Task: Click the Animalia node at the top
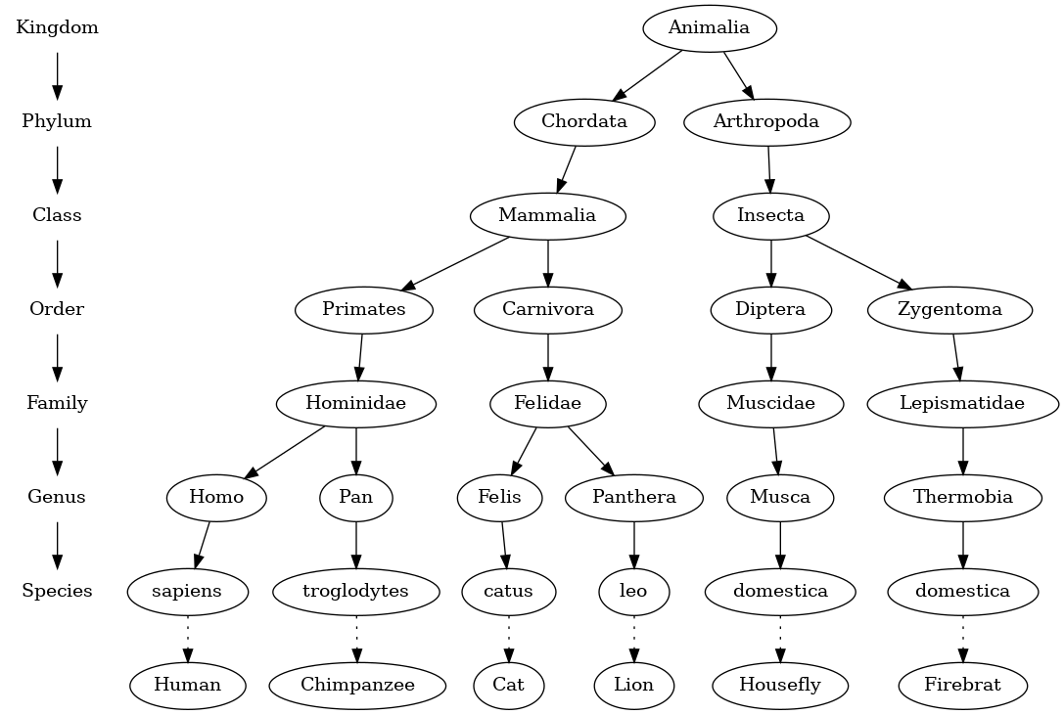click(x=709, y=28)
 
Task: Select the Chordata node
click(x=584, y=122)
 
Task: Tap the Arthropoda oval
click(x=766, y=122)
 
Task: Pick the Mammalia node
click(x=547, y=216)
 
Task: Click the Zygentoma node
click(x=949, y=310)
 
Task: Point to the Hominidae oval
click(x=355, y=404)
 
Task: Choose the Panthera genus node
click(x=634, y=498)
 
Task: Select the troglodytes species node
click(x=355, y=592)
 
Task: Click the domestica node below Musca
click(x=780, y=592)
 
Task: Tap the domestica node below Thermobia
click(x=963, y=592)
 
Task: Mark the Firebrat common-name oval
click(x=963, y=686)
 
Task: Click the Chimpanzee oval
click(x=357, y=686)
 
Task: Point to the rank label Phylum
click(x=57, y=122)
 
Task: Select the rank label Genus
click(x=57, y=498)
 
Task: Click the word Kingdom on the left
click(x=57, y=28)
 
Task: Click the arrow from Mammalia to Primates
click(x=455, y=263)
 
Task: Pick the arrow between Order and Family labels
click(x=57, y=357)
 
